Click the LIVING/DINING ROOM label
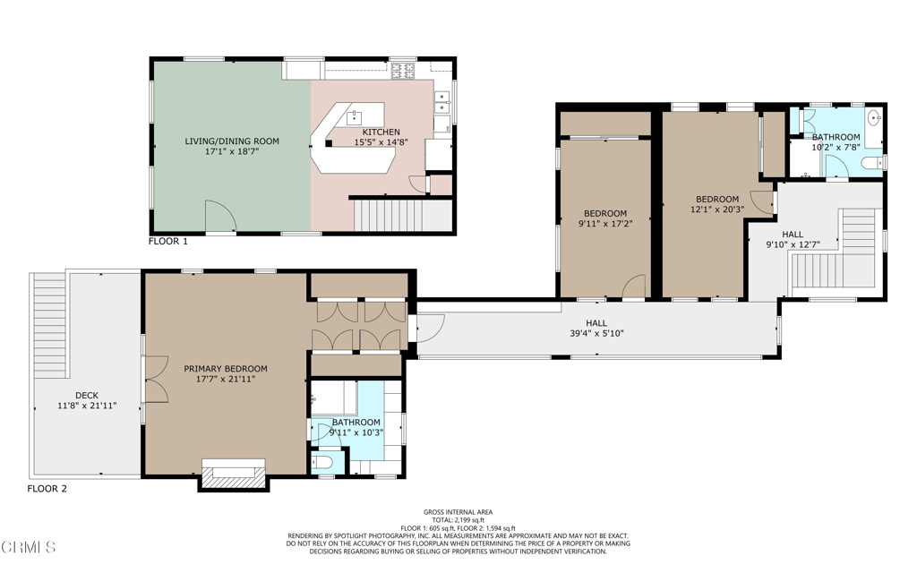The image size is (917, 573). pyautogui.click(x=232, y=141)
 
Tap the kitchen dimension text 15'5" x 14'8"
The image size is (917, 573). pyautogui.click(x=381, y=142)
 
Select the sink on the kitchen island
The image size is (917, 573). pyautogui.click(x=355, y=115)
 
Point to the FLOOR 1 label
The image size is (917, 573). pyautogui.click(x=168, y=242)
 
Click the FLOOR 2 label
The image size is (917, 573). pyautogui.click(x=47, y=489)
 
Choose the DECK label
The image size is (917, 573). pyautogui.click(x=87, y=396)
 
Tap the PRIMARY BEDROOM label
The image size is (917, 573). pyautogui.click(x=226, y=369)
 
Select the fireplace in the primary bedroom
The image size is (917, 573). pyautogui.click(x=233, y=474)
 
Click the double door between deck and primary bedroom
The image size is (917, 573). pyautogui.click(x=153, y=377)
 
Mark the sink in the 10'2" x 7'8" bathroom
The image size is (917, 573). pyautogui.click(x=875, y=119)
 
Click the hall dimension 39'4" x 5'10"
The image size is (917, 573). pyautogui.click(x=596, y=334)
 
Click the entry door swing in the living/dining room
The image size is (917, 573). pyautogui.click(x=220, y=217)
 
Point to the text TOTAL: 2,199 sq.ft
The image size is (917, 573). pyautogui.click(x=458, y=520)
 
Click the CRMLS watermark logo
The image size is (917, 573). pyautogui.click(x=29, y=547)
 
